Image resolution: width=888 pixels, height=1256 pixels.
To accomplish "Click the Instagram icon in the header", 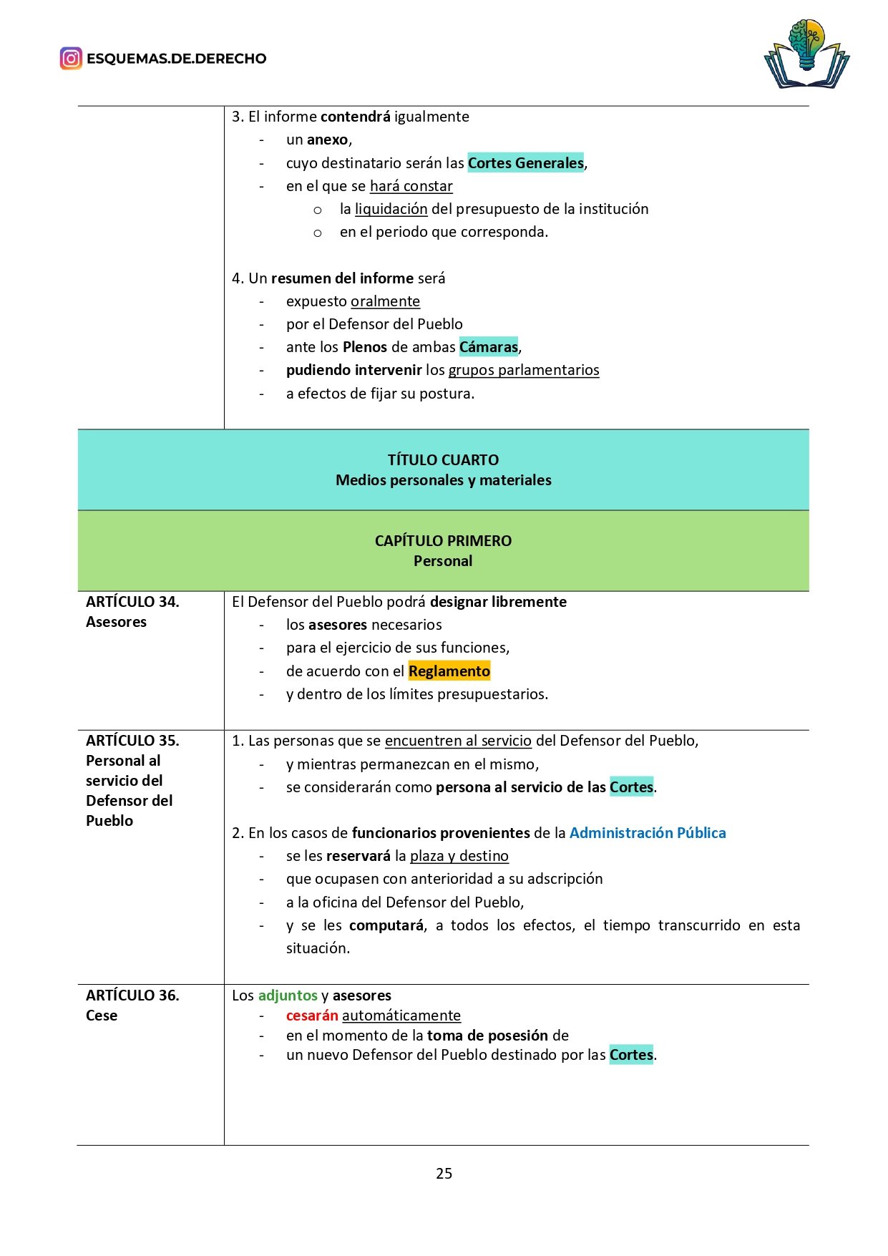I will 71,58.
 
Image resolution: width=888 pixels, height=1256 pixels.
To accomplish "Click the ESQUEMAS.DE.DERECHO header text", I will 176,59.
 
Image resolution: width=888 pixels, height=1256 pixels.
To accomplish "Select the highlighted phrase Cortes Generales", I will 525,163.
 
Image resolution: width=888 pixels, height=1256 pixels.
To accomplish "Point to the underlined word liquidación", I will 391,209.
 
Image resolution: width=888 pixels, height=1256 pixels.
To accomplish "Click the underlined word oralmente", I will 385,301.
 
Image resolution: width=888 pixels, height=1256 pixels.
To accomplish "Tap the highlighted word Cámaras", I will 489,347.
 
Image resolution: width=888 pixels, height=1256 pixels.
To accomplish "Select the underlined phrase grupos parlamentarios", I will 523,370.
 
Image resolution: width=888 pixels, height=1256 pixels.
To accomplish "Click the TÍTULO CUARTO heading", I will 443,460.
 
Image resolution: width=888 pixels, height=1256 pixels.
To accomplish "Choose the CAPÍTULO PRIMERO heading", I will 443,541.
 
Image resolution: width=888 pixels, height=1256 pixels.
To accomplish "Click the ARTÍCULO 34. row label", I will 132,602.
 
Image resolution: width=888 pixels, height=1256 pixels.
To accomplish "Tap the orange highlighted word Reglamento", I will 449,671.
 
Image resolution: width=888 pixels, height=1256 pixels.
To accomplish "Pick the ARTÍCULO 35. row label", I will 132,741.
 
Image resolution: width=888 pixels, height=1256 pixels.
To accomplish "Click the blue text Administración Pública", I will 647,833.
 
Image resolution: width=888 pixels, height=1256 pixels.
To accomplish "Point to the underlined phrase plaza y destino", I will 459,856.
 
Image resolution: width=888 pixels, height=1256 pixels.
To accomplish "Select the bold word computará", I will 386,925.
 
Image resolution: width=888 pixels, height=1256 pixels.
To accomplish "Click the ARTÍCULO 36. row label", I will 132,995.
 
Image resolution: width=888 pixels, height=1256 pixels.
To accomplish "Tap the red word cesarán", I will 312,1016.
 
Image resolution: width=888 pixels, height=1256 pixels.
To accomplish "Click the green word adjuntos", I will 288,995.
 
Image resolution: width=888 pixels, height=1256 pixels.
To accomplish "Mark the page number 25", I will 444,1173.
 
